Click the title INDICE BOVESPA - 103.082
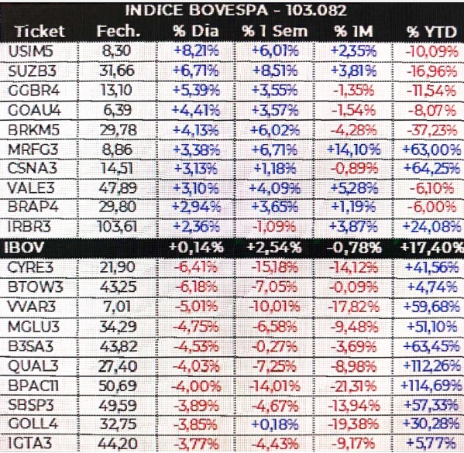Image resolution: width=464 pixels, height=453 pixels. [x=235, y=11]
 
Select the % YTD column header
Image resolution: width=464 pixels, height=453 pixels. [x=431, y=32]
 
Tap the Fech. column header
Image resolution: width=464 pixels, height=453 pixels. [x=119, y=31]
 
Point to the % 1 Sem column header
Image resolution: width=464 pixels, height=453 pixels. [x=275, y=32]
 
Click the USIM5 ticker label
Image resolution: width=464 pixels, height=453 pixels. [x=31, y=51]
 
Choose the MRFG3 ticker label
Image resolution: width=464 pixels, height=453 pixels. [x=33, y=149]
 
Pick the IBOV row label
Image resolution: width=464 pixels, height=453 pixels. [x=24, y=247]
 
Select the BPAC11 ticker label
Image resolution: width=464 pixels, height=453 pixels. [x=33, y=386]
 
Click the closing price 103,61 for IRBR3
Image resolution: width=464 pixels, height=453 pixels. [x=118, y=227]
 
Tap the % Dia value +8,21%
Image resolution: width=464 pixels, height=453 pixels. [x=197, y=51]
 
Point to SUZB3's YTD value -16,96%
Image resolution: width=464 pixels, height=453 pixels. [x=431, y=71]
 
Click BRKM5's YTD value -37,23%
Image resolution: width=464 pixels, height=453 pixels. [x=431, y=130]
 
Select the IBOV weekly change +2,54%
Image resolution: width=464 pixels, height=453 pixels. [x=274, y=247]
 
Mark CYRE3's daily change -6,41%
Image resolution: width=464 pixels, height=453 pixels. [x=196, y=267]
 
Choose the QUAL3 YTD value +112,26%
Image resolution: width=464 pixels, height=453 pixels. [x=431, y=366]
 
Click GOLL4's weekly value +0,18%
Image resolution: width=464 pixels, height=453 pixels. [x=275, y=424]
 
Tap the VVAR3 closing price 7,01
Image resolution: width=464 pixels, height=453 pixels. [x=118, y=306]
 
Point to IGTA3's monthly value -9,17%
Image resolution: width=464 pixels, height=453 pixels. [x=355, y=443]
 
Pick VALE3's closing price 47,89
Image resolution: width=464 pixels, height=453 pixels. [x=118, y=188]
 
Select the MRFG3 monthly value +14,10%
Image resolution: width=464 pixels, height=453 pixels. [x=354, y=149]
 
